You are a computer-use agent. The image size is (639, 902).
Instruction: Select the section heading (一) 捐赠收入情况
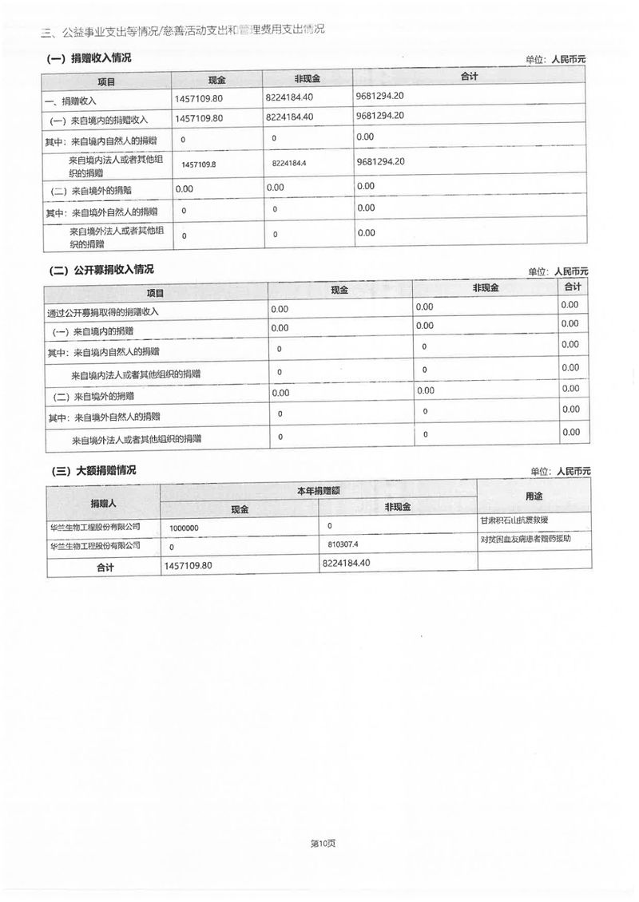click(89, 58)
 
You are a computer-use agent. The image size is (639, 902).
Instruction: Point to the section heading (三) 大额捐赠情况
click(93, 471)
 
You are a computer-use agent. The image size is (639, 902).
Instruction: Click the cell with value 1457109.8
click(199, 164)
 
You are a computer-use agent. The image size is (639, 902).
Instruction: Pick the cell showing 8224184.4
click(289, 164)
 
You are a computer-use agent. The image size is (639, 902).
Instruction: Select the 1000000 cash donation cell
click(184, 528)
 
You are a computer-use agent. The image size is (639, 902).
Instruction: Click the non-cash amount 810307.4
click(344, 544)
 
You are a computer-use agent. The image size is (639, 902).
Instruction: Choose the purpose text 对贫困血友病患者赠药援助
click(525, 539)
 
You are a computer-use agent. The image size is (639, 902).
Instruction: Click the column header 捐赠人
click(103, 503)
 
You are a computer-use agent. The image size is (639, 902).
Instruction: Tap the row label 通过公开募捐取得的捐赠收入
click(103, 311)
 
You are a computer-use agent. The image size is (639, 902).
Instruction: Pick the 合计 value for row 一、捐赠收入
click(380, 96)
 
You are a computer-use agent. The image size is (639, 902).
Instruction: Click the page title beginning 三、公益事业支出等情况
click(183, 30)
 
